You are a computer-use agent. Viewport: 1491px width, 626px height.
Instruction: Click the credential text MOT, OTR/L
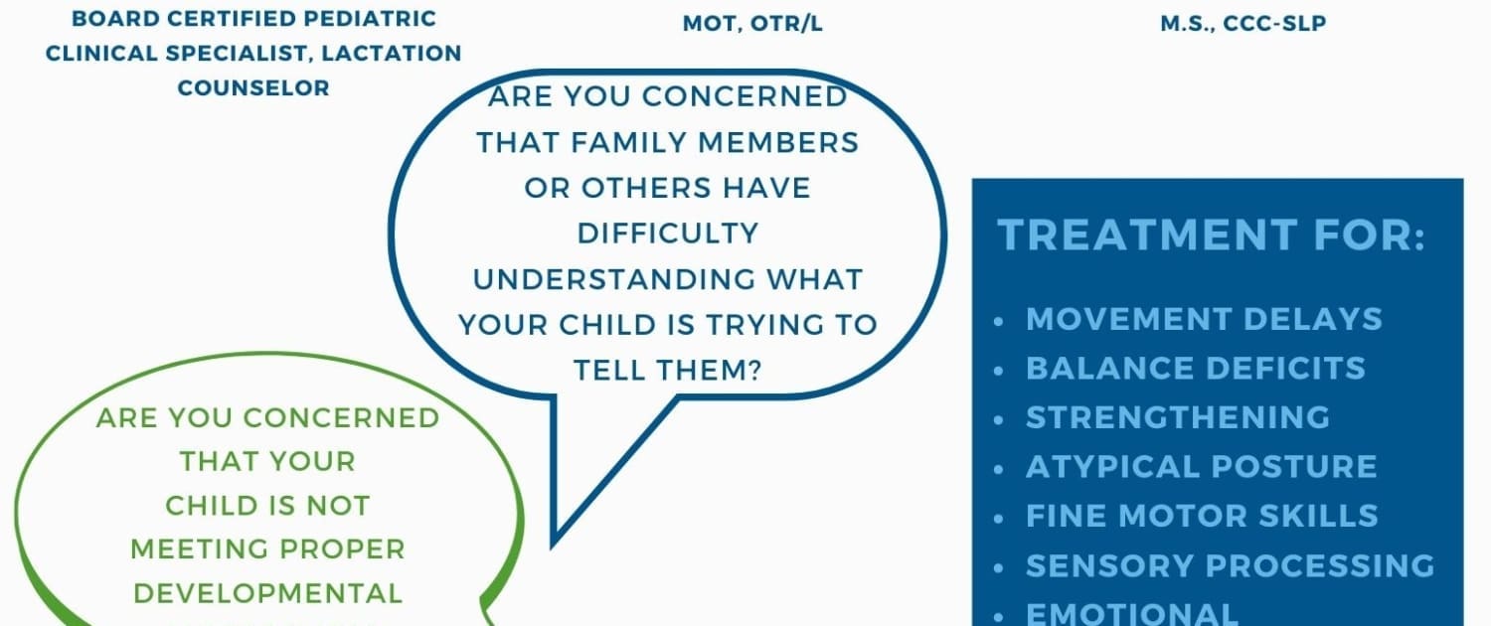[x=752, y=24]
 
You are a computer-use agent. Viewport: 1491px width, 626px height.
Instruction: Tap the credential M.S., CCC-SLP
[x=1243, y=23]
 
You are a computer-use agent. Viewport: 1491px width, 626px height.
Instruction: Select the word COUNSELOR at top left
[x=253, y=87]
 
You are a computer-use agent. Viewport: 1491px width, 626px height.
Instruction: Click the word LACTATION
[x=392, y=54]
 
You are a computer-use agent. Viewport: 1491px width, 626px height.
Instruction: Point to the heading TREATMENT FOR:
[x=1212, y=235]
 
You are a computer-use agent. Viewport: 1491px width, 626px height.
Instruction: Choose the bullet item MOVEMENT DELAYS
[x=1204, y=319]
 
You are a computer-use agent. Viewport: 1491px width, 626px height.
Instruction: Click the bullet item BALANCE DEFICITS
[x=1196, y=368]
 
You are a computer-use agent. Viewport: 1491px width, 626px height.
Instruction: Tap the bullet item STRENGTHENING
[x=1178, y=417]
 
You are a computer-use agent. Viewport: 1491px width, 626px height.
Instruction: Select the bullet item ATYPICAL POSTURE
[x=1202, y=466]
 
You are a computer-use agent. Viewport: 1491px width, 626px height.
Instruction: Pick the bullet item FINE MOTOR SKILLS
[x=1202, y=516]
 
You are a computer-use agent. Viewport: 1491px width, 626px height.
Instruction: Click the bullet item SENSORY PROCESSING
[x=1231, y=565]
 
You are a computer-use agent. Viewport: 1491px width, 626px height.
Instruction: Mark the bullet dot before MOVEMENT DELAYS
[x=998, y=321]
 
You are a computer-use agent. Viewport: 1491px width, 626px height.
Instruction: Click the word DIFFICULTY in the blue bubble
[x=668, y=234]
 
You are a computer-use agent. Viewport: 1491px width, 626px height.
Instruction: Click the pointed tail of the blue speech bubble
[x=553, y=546]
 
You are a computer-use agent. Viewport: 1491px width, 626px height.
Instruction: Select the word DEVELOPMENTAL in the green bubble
[x=268, y=593]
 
